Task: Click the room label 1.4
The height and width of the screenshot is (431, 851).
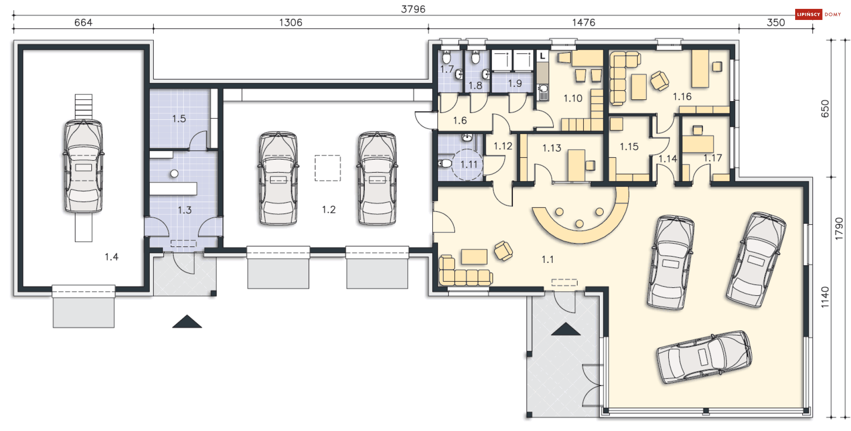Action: [111, 257]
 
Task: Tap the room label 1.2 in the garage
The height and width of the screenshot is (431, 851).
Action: [328, 209]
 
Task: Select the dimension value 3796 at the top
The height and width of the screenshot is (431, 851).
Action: [413, 9]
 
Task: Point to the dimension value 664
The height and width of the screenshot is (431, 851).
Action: [83, 22]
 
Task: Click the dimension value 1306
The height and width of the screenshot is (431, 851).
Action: [291, 22]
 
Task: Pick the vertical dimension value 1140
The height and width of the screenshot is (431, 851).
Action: [825, 297]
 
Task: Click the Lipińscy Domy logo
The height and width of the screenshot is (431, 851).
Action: [818, 14]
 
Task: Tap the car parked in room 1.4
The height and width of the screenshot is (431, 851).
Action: [83, 166]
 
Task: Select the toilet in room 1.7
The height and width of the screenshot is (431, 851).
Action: [446, 57]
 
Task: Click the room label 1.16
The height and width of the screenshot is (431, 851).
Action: [682, 96]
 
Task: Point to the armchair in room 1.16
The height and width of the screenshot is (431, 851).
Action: [660, 81]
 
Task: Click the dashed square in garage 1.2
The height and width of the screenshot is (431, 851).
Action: [328, 168]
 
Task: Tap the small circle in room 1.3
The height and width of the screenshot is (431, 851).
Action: [174, 174]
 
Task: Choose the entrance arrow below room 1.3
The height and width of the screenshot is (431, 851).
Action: [187, 322]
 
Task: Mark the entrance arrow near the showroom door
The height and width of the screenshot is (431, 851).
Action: [566, 329]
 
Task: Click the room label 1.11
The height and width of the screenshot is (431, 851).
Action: [469, 165]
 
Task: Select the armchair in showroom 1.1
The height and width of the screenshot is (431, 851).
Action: [504, 251]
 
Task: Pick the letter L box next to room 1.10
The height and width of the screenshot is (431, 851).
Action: [543, 56]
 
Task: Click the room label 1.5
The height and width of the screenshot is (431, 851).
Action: [179, 118]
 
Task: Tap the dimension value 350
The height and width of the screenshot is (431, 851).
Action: [776, 22]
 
